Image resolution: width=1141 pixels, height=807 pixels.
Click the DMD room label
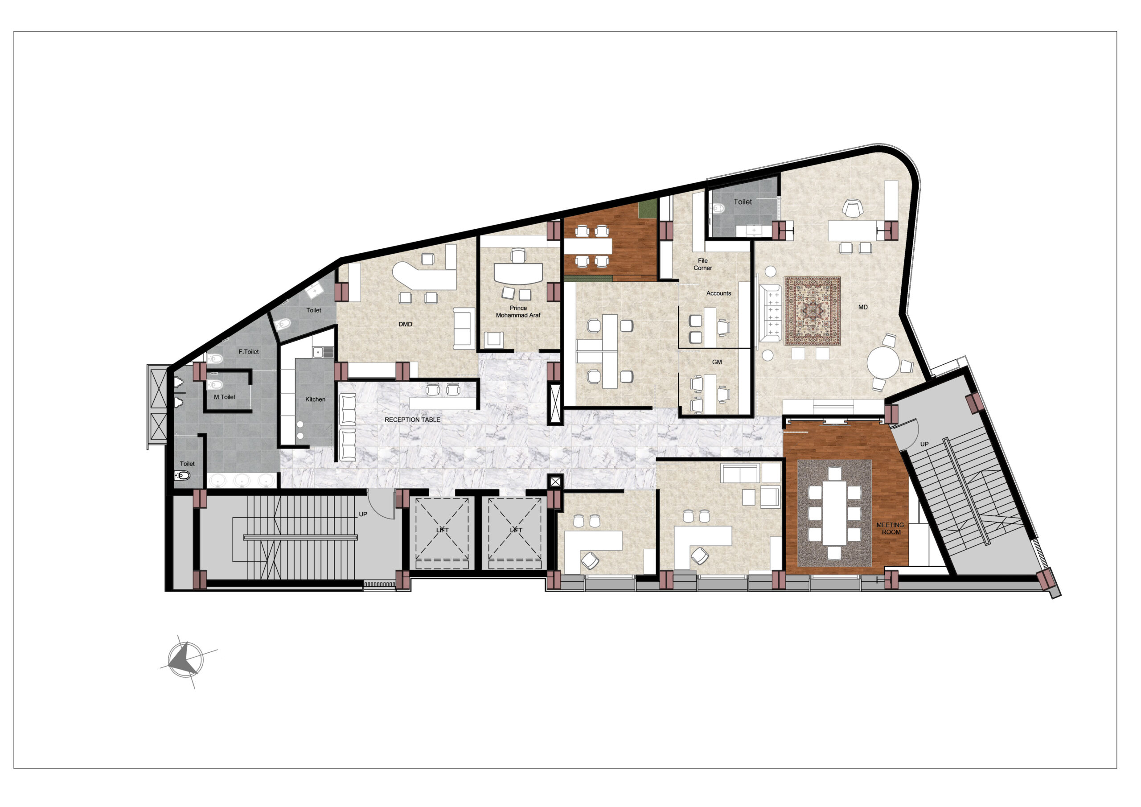pos(405,324)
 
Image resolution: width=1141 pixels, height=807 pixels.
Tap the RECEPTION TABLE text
pos(412,420)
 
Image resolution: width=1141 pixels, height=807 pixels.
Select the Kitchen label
pos(315,399)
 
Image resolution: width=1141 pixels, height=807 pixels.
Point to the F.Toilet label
pos(248,351)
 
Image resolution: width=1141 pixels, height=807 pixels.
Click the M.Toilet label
pos(225,397)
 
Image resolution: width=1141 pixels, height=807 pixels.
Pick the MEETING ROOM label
pos(890,528)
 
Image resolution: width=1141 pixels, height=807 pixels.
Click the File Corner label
pos(703,264)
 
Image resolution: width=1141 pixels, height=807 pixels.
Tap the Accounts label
pos(718,293)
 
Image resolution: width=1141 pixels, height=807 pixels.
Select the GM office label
pos(717,362)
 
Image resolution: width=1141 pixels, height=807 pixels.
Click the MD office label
pos(863,307)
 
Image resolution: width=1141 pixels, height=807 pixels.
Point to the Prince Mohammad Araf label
pos(518,311)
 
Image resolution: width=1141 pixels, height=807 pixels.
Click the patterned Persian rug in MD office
pos(813,311)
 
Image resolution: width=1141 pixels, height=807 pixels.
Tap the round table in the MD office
pos(883,362)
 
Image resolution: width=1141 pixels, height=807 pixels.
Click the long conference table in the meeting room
pos(834,512)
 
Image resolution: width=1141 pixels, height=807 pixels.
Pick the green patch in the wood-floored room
pos(648,210)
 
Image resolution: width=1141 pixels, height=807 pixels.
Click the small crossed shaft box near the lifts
pos(555,482)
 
